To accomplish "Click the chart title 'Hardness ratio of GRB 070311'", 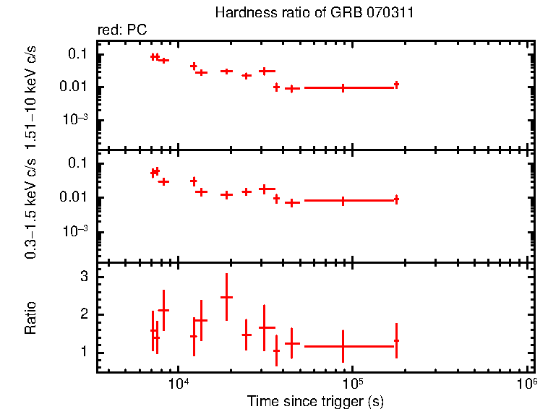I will pyautogui.click(x=314, y=13).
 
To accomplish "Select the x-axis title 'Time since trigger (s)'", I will pyautogui.click(x=314, y=400).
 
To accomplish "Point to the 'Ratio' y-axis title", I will pyautogui.click(x=31, y=318).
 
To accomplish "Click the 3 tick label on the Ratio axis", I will pyautogui.click(x=84, y=277).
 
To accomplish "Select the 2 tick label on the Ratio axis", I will pyautogui.click(x=84, y=314).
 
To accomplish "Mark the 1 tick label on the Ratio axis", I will pyautogui.click(x=84, y=352).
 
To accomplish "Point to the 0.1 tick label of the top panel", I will pyautogui.click(x=78, y=54).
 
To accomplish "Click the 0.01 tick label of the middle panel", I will pyautogui.click(x=74, y=197).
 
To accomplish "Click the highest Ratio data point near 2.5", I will pyautogui.click(x=227, y=297).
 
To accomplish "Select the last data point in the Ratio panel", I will pyautogui.click(x=396, y=340).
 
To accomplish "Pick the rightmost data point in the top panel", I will pyautogui.click(x=396, y=85).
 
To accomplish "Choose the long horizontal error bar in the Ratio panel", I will pyautogui.click(x=343, y=346).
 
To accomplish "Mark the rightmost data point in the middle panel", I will pyautogui.click(x=396, y=199).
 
